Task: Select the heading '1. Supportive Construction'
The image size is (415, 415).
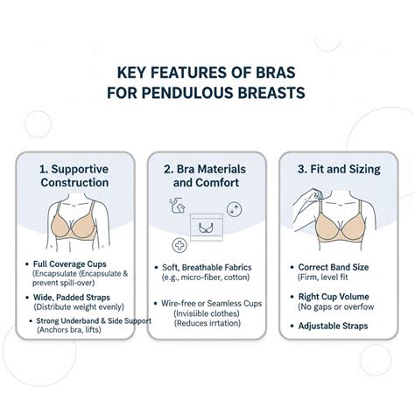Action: tap(74, 174)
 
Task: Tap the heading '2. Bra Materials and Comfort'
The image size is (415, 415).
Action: tap(207, 174)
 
